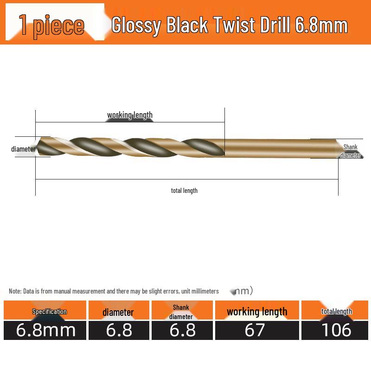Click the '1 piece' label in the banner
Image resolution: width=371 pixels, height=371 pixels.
tap(52, 25)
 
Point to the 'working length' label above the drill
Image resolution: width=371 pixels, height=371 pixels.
tap(130, 115)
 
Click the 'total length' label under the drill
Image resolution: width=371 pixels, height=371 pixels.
tap(184, 190)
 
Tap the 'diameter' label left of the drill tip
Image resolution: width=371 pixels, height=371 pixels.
tap(23, 149)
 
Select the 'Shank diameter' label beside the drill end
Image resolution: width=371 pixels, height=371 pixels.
tap(351, 151)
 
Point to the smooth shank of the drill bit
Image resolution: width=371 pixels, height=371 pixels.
tap(278, 147)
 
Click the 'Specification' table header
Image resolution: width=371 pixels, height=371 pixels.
tap(50, 312)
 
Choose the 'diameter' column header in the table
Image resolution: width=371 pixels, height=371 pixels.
tap(118, 312)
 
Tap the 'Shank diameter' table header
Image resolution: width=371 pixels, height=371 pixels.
tap(181, 312)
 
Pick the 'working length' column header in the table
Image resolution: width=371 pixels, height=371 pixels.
tap(257, 312)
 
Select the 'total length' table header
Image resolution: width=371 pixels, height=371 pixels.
tap(337, 312)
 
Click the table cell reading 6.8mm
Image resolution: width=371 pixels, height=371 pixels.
tap(45, 330)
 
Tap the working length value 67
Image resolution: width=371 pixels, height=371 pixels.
tap(255, 330)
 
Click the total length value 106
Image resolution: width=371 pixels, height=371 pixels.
tap(337, 330)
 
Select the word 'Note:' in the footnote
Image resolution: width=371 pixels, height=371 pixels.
tap(15, 291)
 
